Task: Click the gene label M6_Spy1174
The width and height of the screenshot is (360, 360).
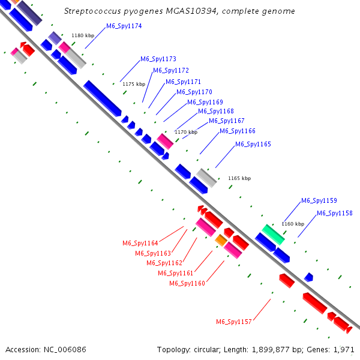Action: coord(124,26)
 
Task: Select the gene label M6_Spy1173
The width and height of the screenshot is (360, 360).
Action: coord(158,59)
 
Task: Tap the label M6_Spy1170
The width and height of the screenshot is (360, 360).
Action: coord(194,92)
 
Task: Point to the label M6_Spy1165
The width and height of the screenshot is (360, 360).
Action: coord(253,145)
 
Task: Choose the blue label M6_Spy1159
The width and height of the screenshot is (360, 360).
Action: coord(319,201)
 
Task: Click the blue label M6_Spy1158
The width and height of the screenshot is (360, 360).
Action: coord(335,214)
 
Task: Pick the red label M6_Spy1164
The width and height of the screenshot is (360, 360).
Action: coord(140,244)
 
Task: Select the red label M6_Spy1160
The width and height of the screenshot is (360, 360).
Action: coord(187,283)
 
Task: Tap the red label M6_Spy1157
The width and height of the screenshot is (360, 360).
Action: coord(234,322)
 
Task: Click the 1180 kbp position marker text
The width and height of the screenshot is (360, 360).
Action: coord(83,36)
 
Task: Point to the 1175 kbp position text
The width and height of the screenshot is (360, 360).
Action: coord(134,85)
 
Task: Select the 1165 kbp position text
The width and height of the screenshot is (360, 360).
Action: coord(239,178)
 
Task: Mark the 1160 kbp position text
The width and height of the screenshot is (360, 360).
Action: coord(293,224)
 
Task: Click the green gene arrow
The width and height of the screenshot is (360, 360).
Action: coord(273,234)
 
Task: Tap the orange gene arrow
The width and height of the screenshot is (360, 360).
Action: coord(221,241)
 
